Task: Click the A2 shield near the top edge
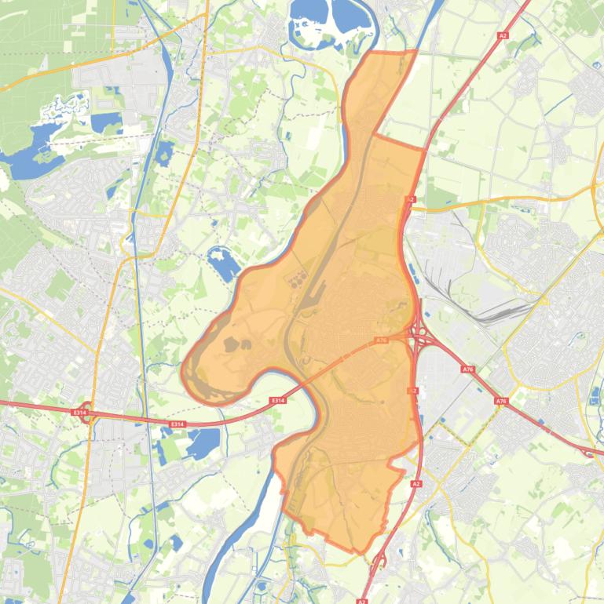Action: [x=503, y=35]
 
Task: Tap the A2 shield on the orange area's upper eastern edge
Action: [x=411, y=201]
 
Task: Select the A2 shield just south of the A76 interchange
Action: [x=413, y=390]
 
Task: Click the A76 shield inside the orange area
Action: [x=381, y=340]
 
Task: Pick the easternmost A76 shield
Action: [x=501, y=401]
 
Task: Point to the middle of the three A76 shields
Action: [x=468, y=369]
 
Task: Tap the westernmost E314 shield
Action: [x=79, y=412]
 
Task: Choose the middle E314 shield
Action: [x=178, y=424]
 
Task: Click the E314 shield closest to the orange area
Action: [x=276, y=401]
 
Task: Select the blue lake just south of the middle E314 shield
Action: [x=203, y=444]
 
